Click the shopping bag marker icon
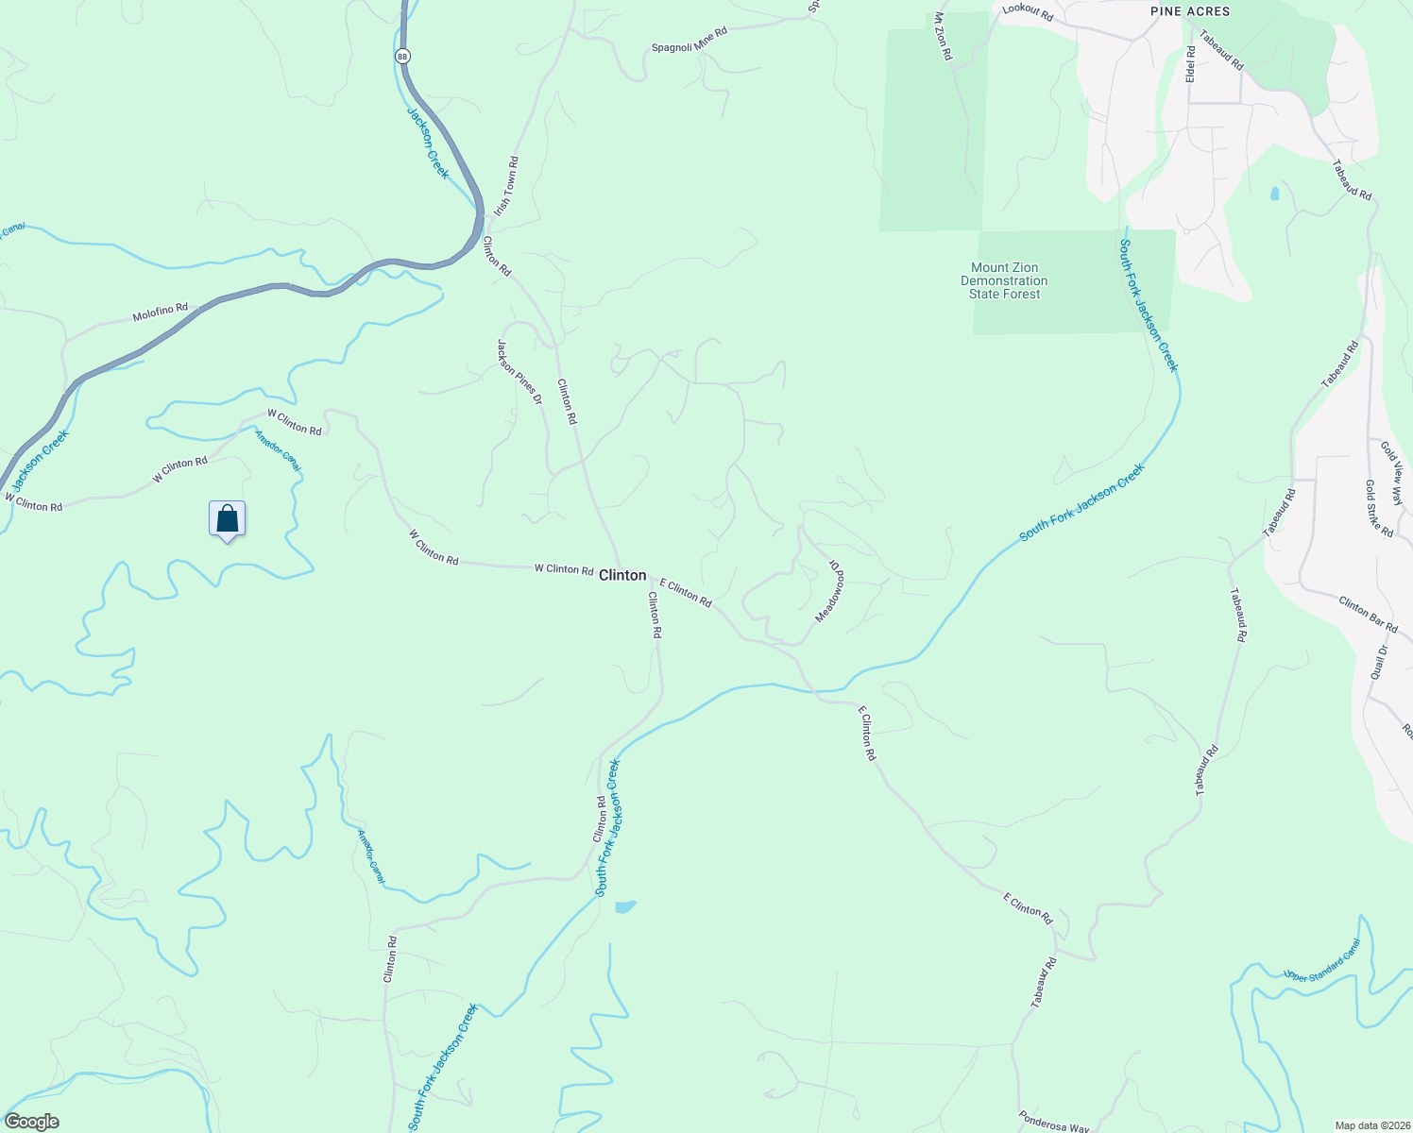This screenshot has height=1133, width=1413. coord(227,518)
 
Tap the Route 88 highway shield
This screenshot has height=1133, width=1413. coord(403,57)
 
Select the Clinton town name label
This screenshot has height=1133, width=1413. coord(623,575)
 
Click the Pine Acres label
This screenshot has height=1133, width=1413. coord(1190,11)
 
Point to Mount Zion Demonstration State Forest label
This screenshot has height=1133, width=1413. coord(1004,280)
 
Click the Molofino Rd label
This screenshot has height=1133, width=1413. coord(161,313)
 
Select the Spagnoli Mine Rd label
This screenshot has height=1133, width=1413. coord(689,39)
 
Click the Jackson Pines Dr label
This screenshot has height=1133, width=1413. coord(519,372)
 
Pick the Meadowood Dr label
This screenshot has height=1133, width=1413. coord(830,590)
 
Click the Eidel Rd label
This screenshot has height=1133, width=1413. coord(1191,63)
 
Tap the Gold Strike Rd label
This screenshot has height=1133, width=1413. coord(1379,508)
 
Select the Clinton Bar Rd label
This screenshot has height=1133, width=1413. coord(1368,614)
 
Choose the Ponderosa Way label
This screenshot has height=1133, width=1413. coord(1054,1122)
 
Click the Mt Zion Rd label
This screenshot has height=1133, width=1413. coord(943,37)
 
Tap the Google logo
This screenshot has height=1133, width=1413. coord(32,1122)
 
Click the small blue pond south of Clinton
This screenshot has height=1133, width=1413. coord(625,907)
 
